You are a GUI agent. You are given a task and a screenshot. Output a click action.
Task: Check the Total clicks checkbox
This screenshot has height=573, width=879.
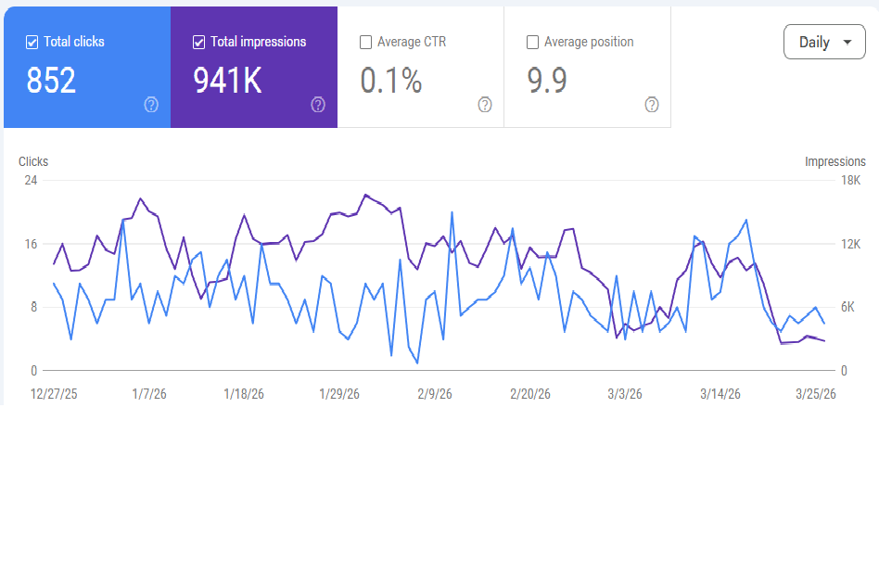(32, 42)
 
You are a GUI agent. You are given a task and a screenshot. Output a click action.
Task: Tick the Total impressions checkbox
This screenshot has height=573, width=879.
(199, 42)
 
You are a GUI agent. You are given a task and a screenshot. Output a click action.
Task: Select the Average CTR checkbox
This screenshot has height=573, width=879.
(366, 42)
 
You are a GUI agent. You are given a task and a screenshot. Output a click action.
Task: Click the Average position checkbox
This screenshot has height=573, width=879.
(533, 42)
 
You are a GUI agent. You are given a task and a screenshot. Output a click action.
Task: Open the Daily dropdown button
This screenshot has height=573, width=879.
(824, 43)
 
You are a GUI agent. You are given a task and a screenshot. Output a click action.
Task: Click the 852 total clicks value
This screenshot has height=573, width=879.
(51, 82)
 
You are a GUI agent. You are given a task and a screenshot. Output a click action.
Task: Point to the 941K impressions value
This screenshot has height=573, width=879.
(227, 82)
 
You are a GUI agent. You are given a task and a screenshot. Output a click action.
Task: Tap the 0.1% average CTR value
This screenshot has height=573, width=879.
(390, 82)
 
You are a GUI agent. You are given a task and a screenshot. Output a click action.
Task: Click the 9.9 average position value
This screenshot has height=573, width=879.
(547, 82)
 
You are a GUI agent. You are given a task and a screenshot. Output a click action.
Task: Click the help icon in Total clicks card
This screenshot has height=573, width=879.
(151, 105)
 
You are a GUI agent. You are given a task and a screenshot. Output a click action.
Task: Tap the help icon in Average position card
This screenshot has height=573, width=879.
(652, 105)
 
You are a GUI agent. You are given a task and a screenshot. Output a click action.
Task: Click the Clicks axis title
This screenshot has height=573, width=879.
(33, 161)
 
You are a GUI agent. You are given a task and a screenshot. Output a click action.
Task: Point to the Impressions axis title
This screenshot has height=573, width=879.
(834, 161)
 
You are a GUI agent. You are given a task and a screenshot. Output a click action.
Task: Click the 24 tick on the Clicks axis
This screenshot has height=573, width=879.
(31, 180)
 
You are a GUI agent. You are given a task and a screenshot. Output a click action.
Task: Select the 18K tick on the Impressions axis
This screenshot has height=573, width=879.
(850, 180)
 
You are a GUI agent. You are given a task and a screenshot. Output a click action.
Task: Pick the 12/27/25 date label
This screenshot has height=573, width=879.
(54, 394)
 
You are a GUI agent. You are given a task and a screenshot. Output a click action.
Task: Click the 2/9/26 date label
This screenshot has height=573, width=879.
(434, 394)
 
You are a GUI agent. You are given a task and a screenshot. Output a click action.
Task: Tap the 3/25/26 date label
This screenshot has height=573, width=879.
(816, 394)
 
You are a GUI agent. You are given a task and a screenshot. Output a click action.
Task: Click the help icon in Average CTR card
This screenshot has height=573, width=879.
(485, 105)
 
